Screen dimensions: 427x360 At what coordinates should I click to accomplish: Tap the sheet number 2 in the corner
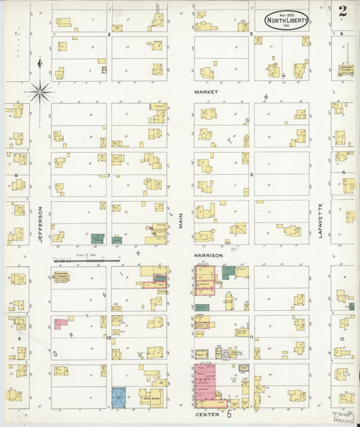coord(343,11)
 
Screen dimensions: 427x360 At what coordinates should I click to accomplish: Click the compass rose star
coord(39,90)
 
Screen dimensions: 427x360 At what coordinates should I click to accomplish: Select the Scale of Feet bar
coord(86,259)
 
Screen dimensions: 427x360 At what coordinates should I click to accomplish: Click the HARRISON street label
coord(208,255)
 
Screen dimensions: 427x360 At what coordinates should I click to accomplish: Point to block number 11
coord(251,336)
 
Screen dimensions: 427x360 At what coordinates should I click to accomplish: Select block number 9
coord(19,338)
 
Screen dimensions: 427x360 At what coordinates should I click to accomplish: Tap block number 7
coord(108,176)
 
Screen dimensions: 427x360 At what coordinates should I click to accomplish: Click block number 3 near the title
coord(251,33)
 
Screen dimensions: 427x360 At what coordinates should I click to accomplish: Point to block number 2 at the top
coord(109,33)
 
